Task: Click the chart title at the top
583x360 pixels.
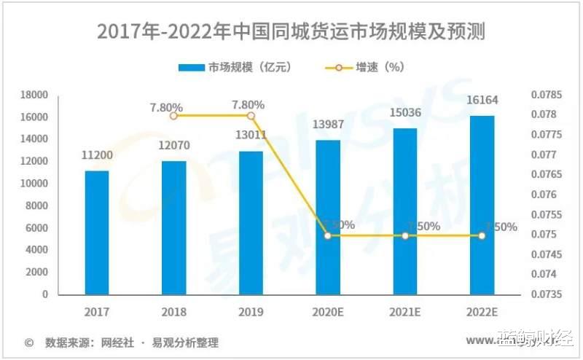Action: coord(291,32)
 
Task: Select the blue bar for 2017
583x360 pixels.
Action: coord(97,232)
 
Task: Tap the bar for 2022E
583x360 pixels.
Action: coord(482,205)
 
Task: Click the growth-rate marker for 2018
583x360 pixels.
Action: coord(173,115)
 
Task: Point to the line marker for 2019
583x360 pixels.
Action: coord(251,115)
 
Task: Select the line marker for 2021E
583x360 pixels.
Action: coord(404,235)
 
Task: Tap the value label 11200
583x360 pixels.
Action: coord(97,155)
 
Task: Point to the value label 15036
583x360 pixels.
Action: coord(404,112)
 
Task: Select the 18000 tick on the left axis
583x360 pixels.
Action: coord(34,95)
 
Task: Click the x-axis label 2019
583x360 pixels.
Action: coord(251,312)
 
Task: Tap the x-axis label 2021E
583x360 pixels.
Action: coord(404,312)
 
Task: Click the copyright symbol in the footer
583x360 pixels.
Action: coord(29,342)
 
